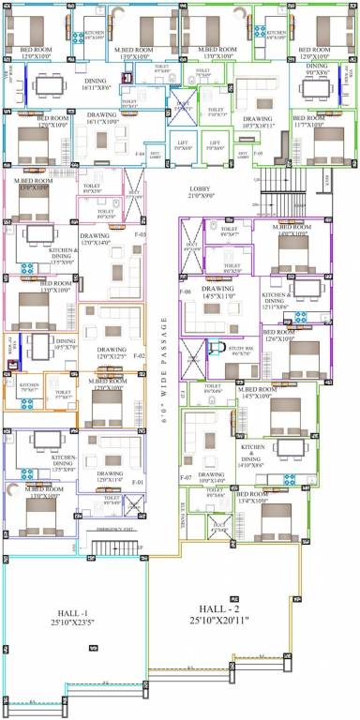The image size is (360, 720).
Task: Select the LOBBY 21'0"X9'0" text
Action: coord(206,192)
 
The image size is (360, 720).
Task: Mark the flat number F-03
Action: coord(141,233)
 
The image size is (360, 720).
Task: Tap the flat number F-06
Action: coord(186,292)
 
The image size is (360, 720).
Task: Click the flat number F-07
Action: coord(186,478)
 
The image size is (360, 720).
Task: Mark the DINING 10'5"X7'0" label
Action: coord(65,344)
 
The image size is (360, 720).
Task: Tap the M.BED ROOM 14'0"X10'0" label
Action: coord(290,231)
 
